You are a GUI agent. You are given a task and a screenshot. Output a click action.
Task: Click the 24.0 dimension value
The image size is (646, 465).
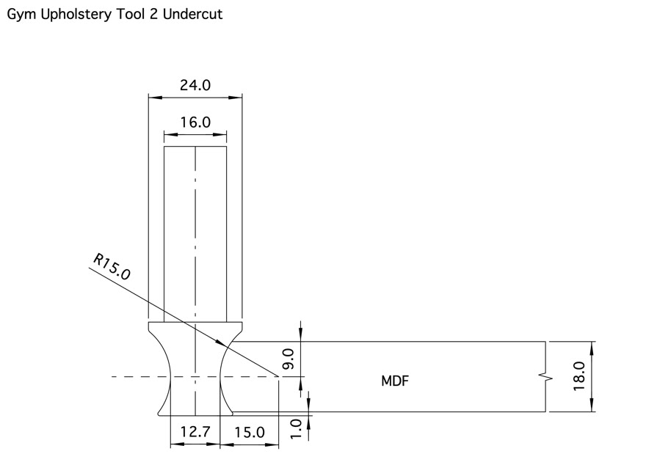tap(195, 85)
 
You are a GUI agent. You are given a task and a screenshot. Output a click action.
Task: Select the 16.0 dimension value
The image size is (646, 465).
tap(195, 122)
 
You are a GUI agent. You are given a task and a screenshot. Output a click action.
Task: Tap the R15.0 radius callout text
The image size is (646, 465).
tap(112, 267)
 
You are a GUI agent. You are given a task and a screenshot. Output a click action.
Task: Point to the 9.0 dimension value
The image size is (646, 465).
tap(288, 359)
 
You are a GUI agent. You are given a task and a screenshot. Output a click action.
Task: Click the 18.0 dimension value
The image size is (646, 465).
tap(579, 376)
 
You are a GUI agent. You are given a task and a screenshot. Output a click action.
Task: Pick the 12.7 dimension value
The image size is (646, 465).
tap(195, 432)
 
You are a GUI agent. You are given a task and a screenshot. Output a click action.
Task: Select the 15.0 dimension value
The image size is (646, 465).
tap(250, 432)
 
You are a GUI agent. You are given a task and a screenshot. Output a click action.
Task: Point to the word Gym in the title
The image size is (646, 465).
tap(20, 14)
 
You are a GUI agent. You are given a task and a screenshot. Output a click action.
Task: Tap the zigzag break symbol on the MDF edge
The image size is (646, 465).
tap(545, 377)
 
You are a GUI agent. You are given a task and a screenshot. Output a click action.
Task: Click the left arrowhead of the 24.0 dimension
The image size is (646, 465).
tap(152, 96)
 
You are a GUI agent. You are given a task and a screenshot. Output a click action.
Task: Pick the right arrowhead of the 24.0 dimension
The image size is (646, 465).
tap(239, 96)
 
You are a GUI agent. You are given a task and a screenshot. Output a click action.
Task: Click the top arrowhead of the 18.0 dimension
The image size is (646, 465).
tap(592, 345)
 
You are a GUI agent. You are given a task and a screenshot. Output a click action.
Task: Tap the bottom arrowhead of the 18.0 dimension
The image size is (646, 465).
tap(592, 408)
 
